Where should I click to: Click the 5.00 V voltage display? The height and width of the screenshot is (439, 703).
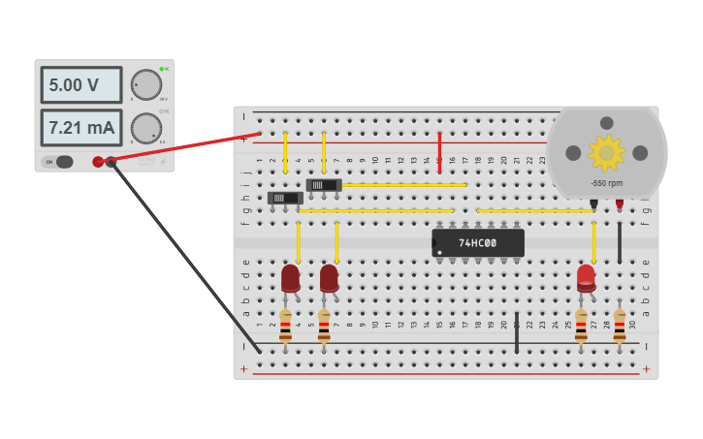tap(80, 85)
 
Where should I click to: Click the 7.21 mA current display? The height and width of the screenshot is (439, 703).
tap(80, 128)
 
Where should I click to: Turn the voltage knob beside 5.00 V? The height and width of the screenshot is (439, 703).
tap(145, 84)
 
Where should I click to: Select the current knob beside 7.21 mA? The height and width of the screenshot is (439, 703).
tap(145, 128)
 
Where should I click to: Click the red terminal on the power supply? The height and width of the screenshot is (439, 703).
tap(98, 162)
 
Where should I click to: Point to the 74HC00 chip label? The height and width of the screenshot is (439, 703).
tap(477, 243)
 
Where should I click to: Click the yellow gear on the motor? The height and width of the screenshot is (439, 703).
tap(607, 152)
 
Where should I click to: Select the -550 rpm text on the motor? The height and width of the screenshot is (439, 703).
tap(607, 183)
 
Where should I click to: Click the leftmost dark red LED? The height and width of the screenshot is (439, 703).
tap(290, 278)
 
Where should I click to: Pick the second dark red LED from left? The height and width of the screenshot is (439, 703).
tap(329, 278)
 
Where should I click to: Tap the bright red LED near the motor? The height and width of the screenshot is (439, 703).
tap(586, 277)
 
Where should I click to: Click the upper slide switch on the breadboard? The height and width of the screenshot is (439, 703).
tap(324, 184)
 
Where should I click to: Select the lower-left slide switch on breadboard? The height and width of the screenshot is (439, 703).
tap(285, 198)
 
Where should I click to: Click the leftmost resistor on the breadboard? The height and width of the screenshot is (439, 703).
tap(285, 326)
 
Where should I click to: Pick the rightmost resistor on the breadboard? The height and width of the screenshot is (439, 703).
tap(620, 326)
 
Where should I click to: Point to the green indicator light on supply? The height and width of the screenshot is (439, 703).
tap(162, 70)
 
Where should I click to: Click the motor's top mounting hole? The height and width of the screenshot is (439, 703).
tap(607, 123)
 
